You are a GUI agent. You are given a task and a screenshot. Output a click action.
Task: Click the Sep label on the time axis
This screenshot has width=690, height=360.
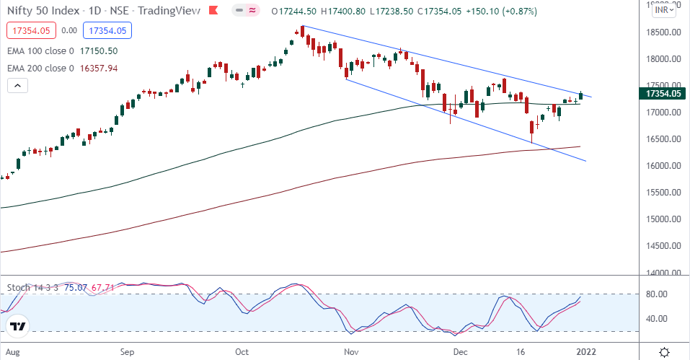pos(127,352)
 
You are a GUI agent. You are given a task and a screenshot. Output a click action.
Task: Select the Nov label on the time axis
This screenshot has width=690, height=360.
pos(352,352)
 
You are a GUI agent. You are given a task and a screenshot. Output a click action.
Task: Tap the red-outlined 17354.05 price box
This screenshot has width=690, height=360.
pos(29,31)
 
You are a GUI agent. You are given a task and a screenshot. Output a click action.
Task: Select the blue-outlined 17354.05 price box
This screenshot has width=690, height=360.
pos(107,31)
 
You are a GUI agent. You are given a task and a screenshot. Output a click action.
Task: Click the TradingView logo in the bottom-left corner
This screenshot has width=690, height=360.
pos(19,327)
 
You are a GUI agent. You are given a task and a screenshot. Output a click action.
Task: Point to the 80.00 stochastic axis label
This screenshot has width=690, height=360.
pos(655,294)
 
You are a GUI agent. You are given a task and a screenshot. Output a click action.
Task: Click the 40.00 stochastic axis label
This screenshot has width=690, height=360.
pos(655,319)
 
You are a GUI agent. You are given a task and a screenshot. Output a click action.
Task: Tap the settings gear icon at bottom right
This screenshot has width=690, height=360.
pos(664,351)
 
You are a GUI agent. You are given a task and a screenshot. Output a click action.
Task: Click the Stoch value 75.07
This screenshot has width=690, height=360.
pos(76,288)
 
